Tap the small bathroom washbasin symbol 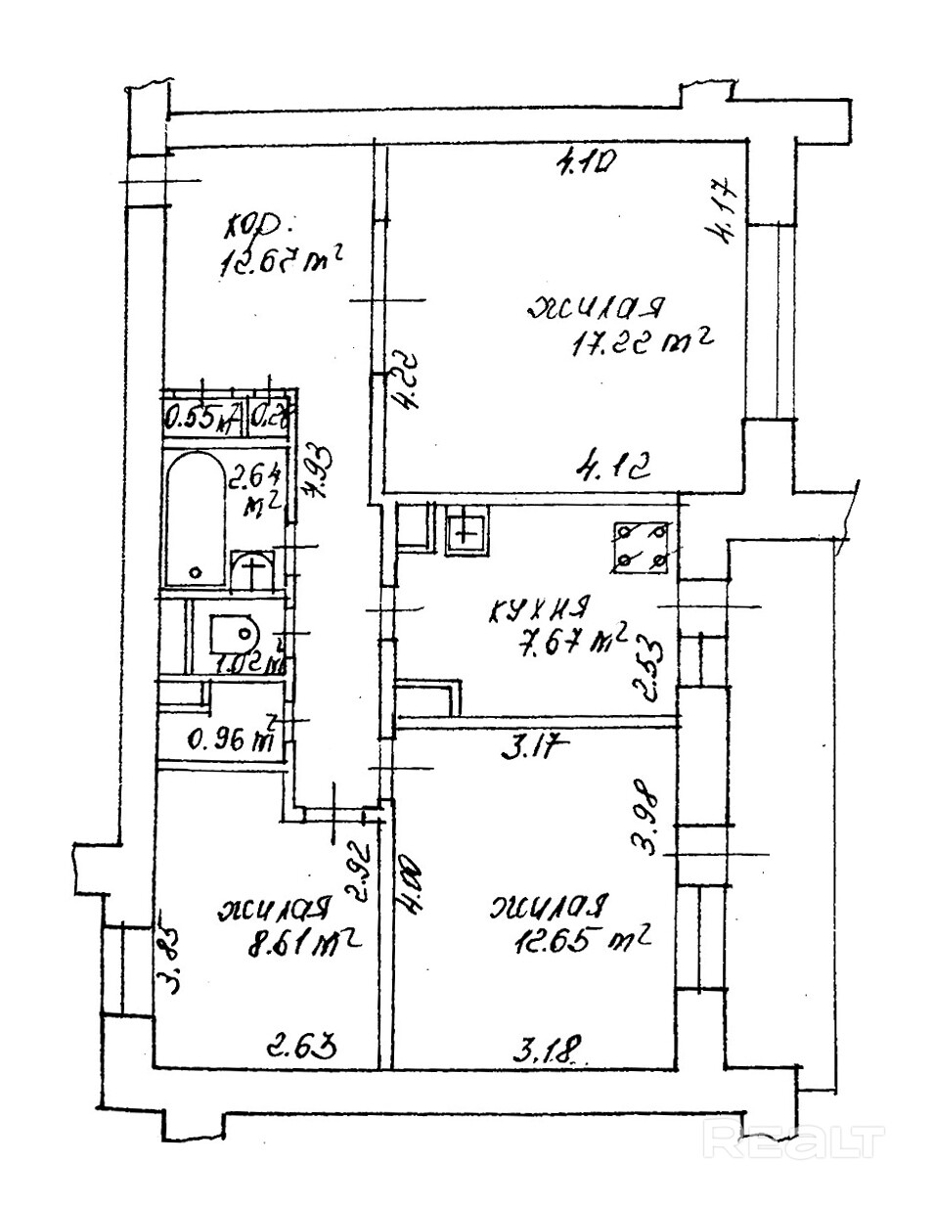click(253, 569)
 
